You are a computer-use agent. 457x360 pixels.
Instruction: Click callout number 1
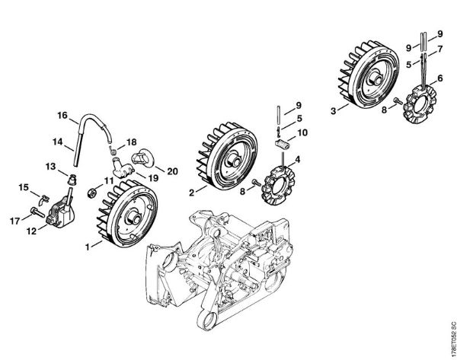pos(88,247)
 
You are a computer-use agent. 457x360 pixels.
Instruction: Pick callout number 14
pos(57,142)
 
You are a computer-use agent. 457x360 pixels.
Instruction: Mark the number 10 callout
pos(302,132)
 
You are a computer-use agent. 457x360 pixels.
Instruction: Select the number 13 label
pos(50,167)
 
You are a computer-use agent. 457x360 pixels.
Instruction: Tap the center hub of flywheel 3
pos(378,78)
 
